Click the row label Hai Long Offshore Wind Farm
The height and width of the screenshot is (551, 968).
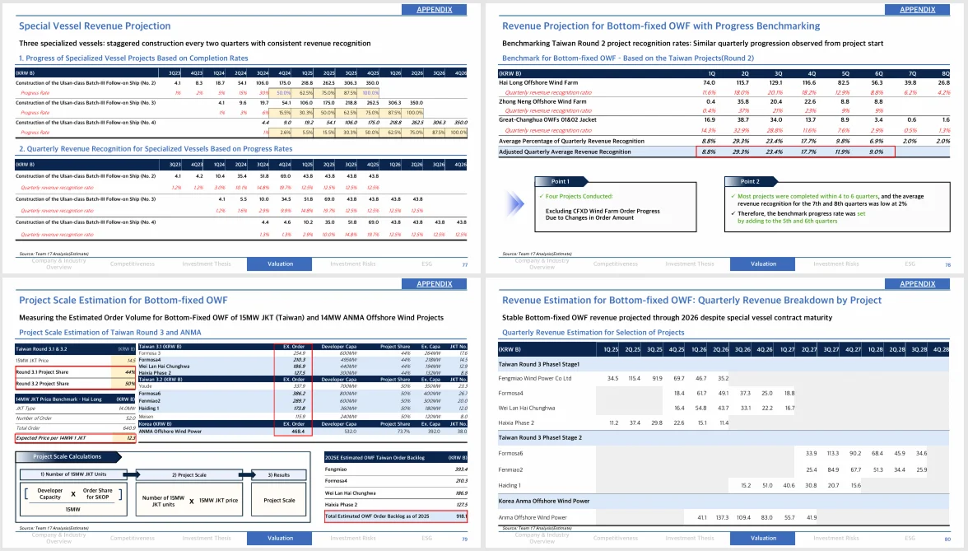point(538,82)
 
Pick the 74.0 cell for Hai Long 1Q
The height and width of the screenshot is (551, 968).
point(709,82)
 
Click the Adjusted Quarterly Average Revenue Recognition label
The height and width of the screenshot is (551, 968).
point(565,152)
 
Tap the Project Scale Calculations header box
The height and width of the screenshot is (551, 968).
point(67,456)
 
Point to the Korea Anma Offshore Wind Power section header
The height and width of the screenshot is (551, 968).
point(544,500)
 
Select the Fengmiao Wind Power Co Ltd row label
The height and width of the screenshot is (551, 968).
point(535,378)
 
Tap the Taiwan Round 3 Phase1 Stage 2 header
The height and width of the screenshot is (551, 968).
point(540,437)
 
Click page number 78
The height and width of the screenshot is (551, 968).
point(947,265)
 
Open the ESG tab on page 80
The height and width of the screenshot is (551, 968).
point(910,538)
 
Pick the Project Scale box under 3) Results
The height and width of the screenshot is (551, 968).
point(279,500)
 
